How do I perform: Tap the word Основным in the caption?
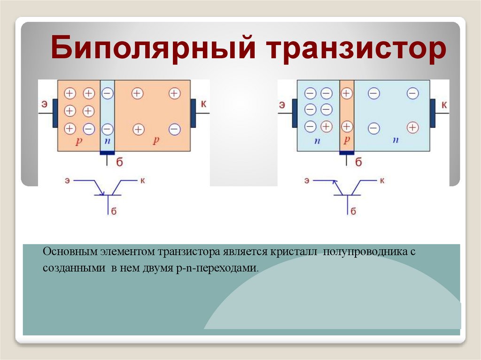click(x=69, y=252)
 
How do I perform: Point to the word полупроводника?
click(x=362, y=252)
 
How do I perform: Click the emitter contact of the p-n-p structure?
click(x=55, y=113)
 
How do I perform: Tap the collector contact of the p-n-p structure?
click(x=193, y=113)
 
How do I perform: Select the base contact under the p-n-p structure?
click(x=107, y=153)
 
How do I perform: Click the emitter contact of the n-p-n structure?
click(x=295, y=113)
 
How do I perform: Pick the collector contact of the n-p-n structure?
click(x=432, y=113)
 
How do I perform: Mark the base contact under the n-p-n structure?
click(x=347, y=153)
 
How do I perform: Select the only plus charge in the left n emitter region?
click(x=326, y=126)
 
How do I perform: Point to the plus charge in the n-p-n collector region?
click(x=412, y=127)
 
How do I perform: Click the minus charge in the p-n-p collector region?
click(x=174, y=128)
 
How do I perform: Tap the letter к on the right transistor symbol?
click(x=382, y=180)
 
